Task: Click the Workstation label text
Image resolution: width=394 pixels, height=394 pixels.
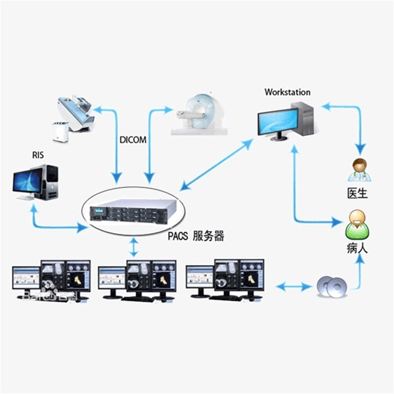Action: [x=287, y=93]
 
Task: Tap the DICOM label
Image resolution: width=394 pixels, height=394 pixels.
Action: [x=134, y=141]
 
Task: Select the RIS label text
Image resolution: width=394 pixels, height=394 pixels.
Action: [x=38, y=155]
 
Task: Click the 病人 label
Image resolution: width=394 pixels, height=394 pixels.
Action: [x=357, y=249]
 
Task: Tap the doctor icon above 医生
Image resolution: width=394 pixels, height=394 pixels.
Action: [x=359, y=170]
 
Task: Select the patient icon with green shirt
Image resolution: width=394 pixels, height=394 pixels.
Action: [x=357, y=225]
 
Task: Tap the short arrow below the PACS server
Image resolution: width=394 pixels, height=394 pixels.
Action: [x=134, y=247]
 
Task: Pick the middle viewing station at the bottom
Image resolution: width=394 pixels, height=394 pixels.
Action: [x=136, y=279]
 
